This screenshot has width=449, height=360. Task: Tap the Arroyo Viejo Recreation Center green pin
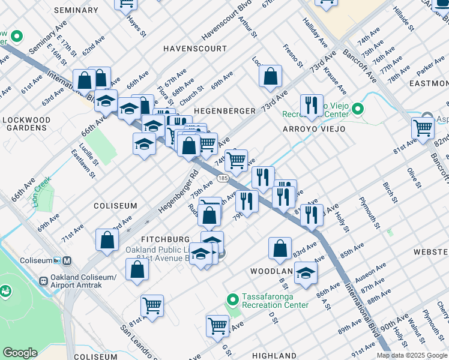point(358,109)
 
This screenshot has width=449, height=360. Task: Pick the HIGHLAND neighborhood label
point(274,355)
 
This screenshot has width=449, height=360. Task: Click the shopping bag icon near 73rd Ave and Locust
point(271,76)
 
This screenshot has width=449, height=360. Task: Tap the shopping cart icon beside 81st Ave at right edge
point(423,127)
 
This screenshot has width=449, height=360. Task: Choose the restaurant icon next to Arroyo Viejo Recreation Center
point(311,106)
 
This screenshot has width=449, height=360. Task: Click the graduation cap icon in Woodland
point(306,272)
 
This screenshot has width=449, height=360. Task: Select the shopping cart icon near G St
point(217,326)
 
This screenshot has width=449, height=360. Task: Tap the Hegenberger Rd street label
point(178,194)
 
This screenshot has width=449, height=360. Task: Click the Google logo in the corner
point(20,353)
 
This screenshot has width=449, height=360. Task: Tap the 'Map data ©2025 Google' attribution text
point(411,355)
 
